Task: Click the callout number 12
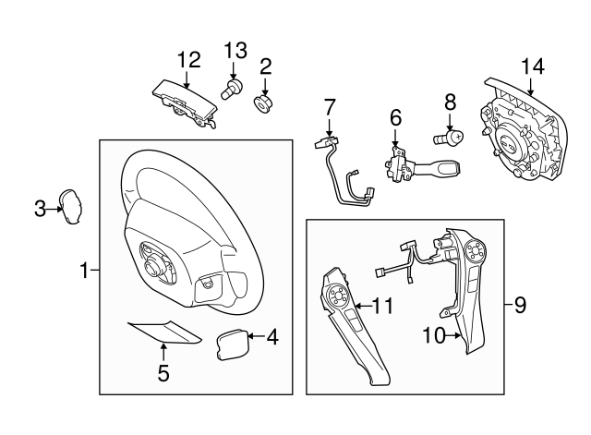[188, 60]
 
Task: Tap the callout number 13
[235, 49]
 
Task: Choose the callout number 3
[40, 209]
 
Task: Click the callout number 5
[163, 373]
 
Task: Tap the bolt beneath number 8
[447, 139]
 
